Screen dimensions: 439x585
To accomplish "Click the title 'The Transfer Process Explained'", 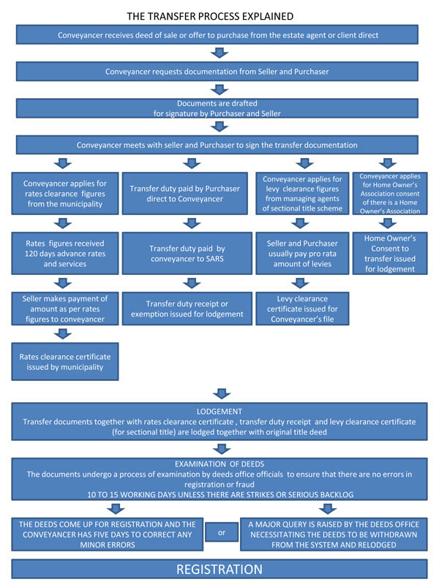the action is tap(210, 16).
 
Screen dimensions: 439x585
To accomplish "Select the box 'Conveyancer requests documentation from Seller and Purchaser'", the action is tap(217, 71).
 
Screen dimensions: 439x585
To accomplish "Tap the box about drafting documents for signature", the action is tap(217, 108).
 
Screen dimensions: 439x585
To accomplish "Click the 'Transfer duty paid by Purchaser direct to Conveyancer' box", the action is tap(185, 193).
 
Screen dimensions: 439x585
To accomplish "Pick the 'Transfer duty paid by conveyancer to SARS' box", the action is tap(187, 253).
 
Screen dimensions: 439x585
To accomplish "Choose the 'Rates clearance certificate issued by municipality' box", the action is tap(65, 361).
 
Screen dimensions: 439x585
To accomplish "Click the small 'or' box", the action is tap(222, 532).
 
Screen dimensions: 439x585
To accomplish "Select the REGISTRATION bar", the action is tap(219, 569).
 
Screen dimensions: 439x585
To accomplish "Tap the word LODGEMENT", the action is tap(219, 412).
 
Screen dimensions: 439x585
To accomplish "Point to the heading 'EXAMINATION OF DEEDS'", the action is tap(219, 464).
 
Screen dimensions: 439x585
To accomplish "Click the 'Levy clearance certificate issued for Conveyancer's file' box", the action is tap(302, 309).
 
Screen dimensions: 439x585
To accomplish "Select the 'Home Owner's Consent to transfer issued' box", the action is tap(390, 253).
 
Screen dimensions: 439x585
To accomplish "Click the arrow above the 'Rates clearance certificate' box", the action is tap(63, 334).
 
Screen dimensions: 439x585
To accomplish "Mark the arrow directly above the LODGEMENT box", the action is tap(222, 393).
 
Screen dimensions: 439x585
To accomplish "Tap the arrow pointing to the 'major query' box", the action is tap(328, 509).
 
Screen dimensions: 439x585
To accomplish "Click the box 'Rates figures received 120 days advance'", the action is tap(65, 253).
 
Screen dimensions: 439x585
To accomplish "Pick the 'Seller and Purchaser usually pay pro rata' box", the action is tap(302, 253).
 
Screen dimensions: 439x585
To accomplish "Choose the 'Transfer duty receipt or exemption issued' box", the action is tap(187, 309).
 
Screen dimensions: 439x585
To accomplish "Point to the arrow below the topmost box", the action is tap(219, 53).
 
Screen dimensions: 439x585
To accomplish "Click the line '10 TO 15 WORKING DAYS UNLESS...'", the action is tap(220, 495).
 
